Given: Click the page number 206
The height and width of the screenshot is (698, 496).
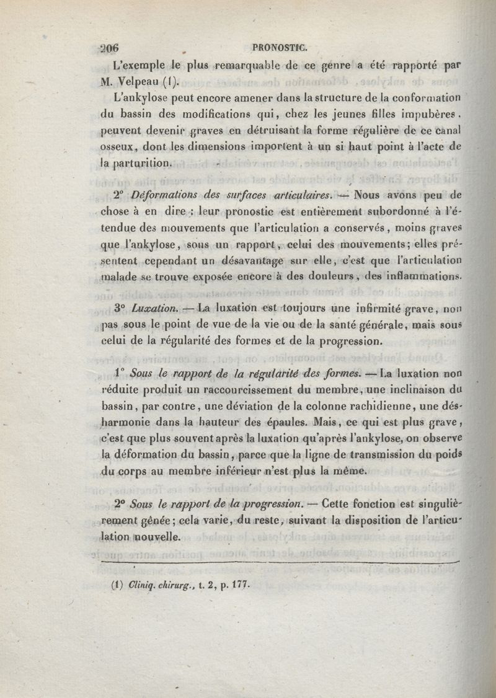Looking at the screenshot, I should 109,49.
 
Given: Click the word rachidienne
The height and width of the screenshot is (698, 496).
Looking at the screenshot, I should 361,407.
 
